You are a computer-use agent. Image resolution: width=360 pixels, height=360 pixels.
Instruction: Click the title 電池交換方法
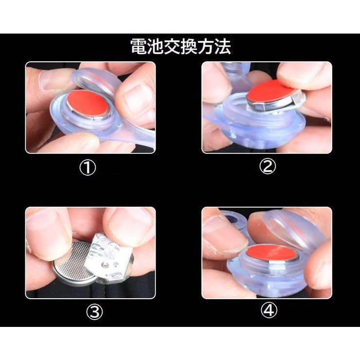click(x=180, y=47)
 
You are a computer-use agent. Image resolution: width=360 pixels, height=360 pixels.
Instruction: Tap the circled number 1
click(x=88, y=168)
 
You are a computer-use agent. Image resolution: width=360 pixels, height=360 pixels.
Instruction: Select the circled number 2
click(x=268, y=166)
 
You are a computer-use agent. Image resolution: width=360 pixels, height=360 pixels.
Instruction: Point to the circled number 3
click(x=94, y=311)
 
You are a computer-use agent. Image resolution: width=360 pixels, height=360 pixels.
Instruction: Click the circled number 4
click(x=269, y=310)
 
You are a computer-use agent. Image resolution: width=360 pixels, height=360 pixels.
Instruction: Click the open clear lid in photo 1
click(x=96, y=81)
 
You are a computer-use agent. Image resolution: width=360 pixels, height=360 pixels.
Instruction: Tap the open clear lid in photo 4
click(x=296, y=230)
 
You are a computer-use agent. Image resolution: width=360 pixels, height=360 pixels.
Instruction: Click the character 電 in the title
click(x=139, y=47)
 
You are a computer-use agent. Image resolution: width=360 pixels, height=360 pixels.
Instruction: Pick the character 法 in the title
click(x=223, y=47)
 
